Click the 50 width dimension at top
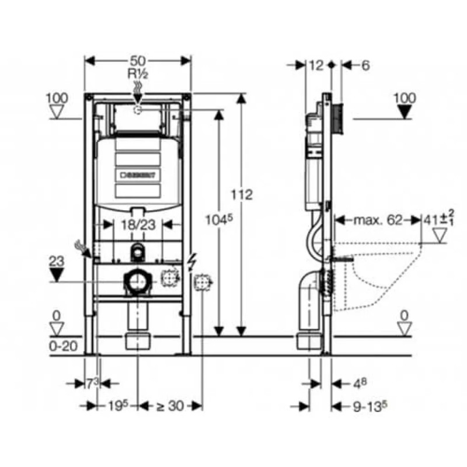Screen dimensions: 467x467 (138, 61)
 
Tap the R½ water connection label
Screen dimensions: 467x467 (138, 74)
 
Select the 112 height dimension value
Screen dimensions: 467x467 (242, 195)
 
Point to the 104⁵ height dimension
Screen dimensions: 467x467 (219, 220)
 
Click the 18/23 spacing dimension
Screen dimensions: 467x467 (138, 225)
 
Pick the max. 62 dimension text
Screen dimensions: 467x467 (378, 221)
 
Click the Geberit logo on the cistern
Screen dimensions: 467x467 (138, 175)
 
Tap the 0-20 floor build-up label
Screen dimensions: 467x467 (63, 346)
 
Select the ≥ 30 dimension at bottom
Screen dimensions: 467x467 (170, 406)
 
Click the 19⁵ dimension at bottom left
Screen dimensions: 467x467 (118, 405)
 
